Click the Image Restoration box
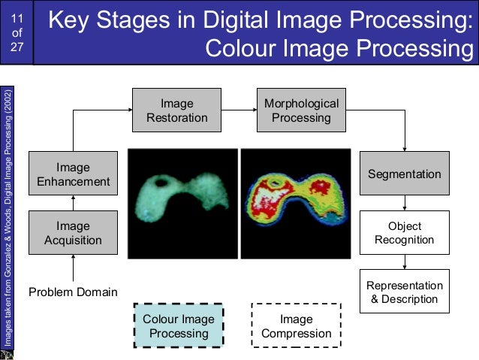click(176, 110)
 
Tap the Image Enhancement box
click(73, 174)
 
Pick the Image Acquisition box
click(73, 233)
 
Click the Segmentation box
click(405, 174)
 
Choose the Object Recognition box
click(405, 233)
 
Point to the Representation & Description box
click(405, 292)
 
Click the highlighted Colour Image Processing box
click(179, 326)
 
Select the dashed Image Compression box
click(296, 326)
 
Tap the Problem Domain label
click(73, 292)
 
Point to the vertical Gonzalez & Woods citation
click(8, 218)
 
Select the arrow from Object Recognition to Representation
click(405, 262)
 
